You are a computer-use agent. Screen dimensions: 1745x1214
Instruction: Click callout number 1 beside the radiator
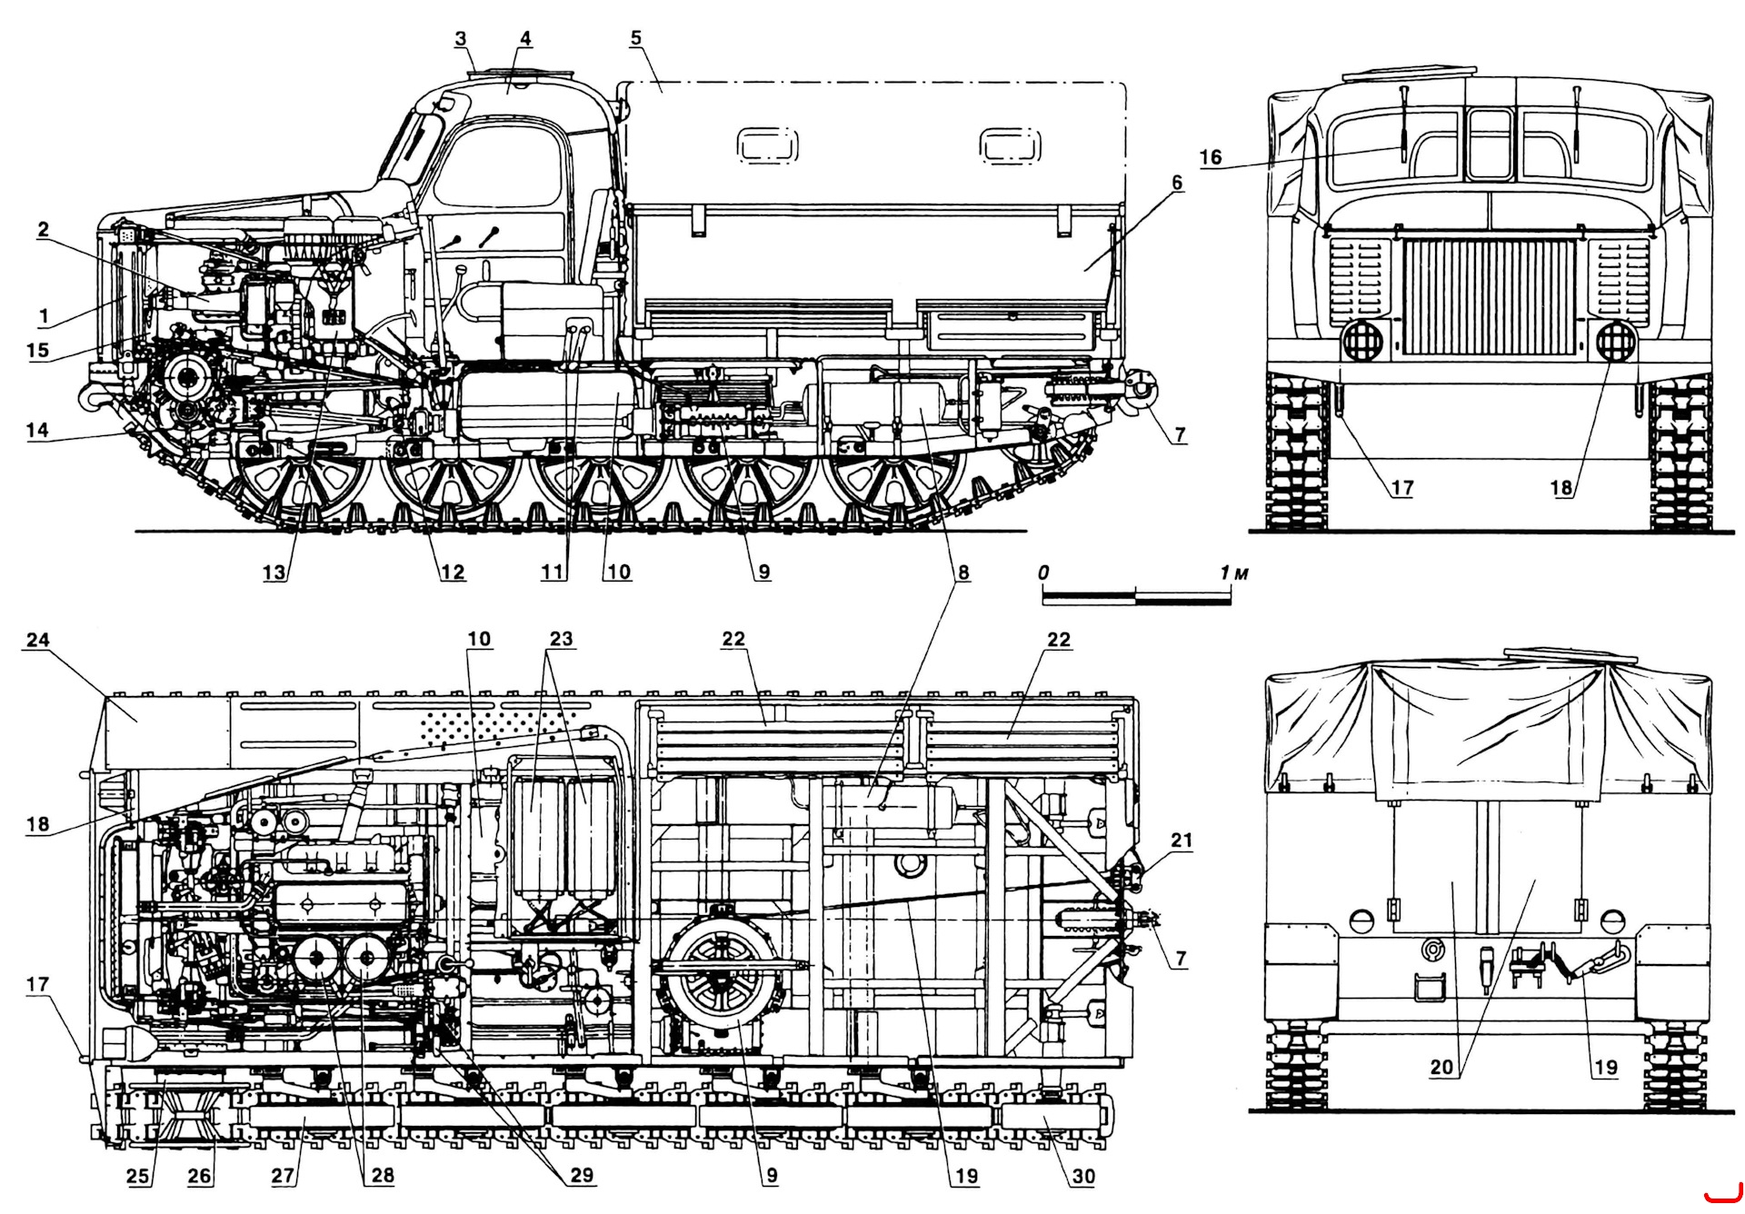43,317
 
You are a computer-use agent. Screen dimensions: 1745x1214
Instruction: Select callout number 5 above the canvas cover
635,38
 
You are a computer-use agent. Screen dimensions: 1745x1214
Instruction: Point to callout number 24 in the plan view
37,640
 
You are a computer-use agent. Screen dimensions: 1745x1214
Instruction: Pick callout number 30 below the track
1083,1176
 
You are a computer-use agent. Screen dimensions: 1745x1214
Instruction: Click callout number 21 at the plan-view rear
1181,841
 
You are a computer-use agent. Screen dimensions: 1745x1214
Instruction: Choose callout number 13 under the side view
274,572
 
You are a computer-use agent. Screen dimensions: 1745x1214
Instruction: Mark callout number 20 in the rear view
1441,1067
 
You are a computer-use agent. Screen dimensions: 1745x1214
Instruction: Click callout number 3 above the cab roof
461,38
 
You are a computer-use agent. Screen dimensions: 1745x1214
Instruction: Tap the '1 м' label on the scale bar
1233,573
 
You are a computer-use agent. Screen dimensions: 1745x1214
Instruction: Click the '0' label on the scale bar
1043,572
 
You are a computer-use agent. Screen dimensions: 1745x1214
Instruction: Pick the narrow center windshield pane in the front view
1490,145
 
